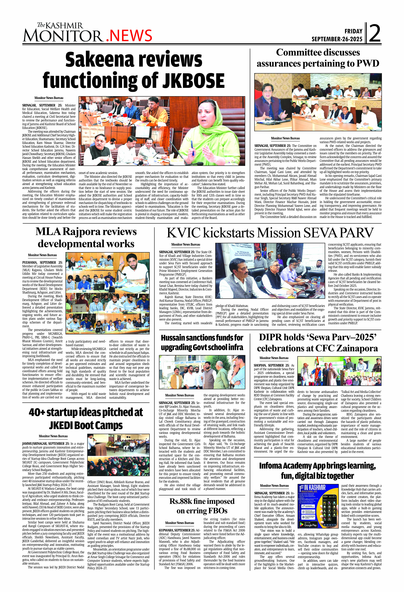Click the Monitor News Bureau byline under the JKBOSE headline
pyautogui.click(x=49, y=98)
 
